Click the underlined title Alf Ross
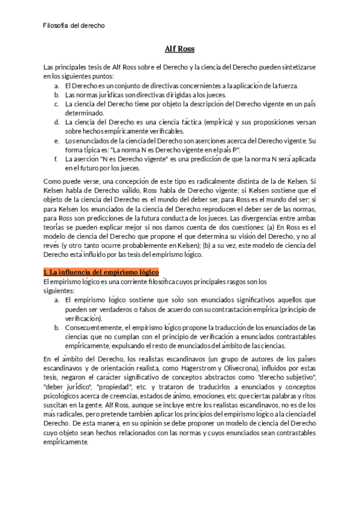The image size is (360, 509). [180, 49]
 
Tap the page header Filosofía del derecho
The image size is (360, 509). [74, 25]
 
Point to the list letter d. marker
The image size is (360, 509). [55, 122]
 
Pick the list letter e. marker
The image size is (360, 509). [55, 140]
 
